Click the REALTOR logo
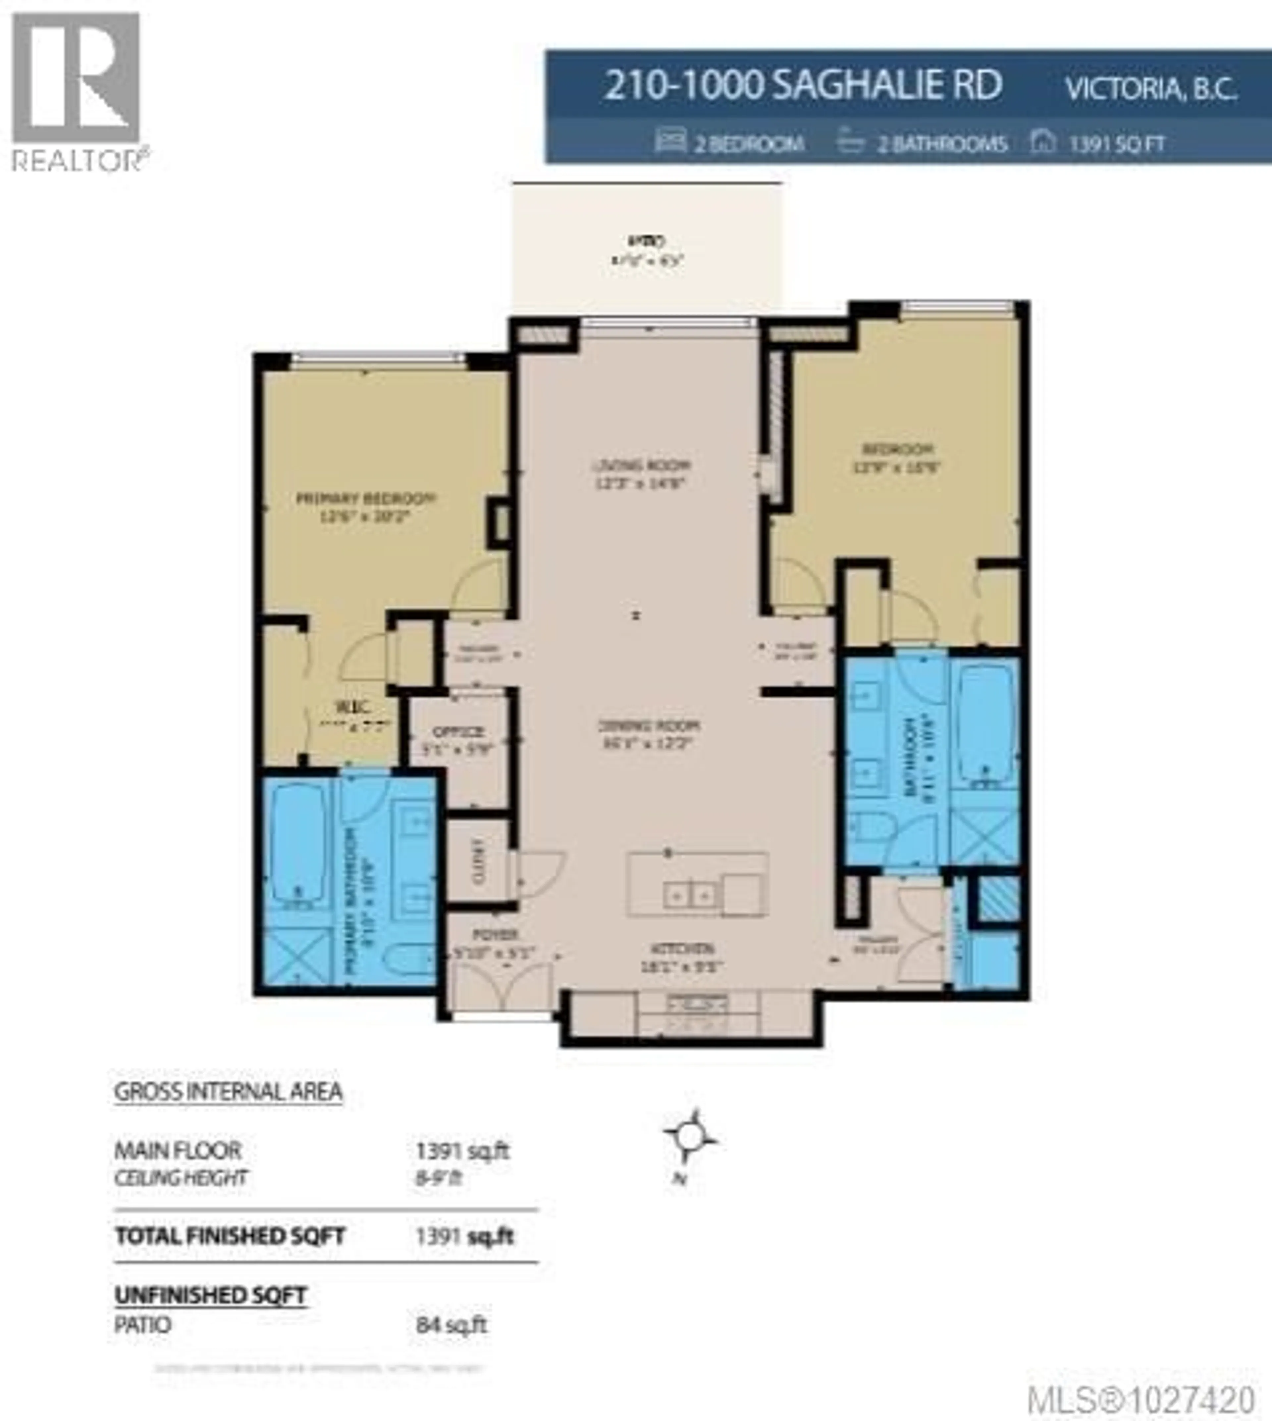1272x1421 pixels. click(x=77, y=91)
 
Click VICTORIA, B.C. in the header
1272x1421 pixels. click(x=1150, y=89)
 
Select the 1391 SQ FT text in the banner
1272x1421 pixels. click(x=1116, y=144)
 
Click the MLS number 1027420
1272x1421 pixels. click(x=1140, y=1399)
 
